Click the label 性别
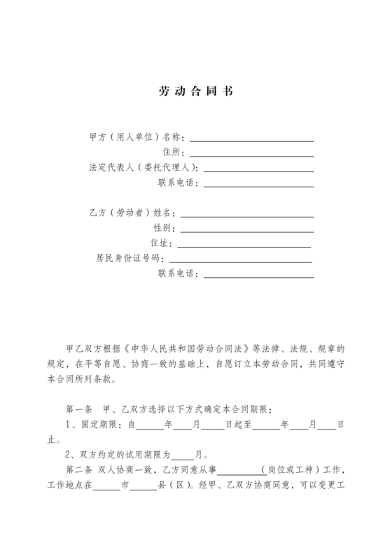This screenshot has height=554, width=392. [162, 229]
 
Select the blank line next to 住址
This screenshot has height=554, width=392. [244, 244]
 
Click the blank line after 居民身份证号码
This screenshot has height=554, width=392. [244, 260]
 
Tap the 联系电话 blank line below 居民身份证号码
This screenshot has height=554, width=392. [258, 275]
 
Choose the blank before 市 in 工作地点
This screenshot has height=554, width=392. [106, 487]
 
